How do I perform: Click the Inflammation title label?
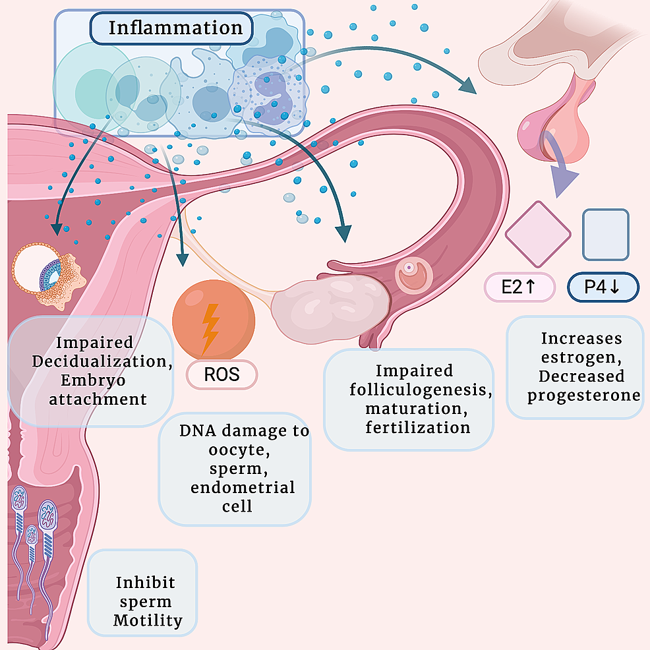point(175,28)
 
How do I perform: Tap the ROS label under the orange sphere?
point(222,375)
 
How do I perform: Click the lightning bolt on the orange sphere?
point(211,328)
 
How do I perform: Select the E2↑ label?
point(519,287)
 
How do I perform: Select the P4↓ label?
point(603,287)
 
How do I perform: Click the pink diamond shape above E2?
point(538,234)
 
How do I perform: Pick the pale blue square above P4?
point(606,235)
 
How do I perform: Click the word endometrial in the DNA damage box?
point(243,488)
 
